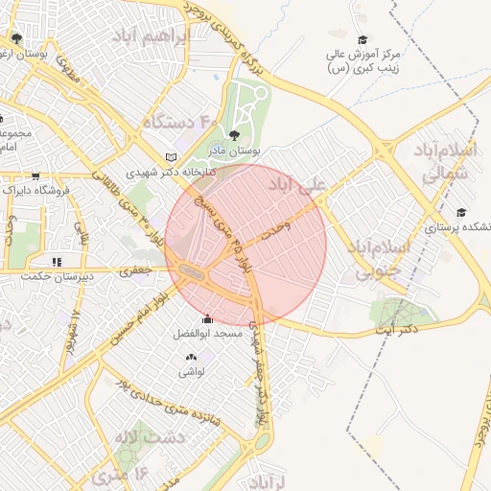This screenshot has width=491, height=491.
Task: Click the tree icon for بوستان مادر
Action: [x=234, y=135]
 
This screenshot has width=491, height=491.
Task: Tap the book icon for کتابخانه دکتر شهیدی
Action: [x=172, y=156]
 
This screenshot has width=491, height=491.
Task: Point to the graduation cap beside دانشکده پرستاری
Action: [x=461, y=212]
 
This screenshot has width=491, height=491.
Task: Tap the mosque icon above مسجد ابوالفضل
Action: [x=206, y=319]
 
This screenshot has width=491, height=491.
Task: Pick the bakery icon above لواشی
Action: [x=190, y=357]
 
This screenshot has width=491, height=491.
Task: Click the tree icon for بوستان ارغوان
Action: [x=16, y=38]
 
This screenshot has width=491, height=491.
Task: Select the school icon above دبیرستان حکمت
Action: [x=57, y=260]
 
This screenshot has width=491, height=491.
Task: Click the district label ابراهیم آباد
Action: [x=153, y=37]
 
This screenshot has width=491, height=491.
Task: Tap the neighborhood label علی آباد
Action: [x=297, y=183]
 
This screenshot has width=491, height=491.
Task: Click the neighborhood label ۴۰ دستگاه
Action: [x=182, y=122]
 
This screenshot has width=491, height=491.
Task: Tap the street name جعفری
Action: [x=136, y=271]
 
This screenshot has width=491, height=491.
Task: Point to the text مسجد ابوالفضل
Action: [x=206, y=334]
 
